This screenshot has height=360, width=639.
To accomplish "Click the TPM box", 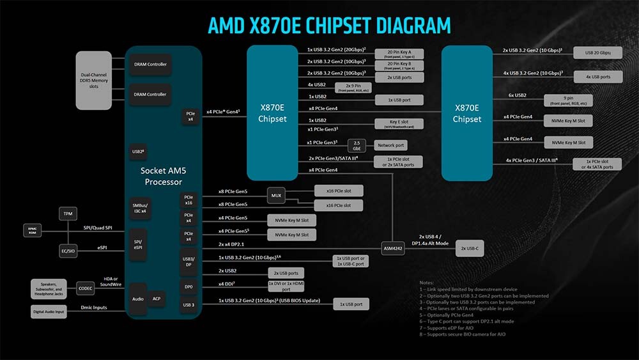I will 67,213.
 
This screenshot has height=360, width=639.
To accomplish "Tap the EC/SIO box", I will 67,251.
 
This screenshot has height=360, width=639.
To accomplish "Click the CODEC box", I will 85,288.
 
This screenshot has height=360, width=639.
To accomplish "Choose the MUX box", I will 276,195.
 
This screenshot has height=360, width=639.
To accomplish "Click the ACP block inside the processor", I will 157,299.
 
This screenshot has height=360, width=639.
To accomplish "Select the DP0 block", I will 189,287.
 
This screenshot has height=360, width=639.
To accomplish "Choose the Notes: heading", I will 426,282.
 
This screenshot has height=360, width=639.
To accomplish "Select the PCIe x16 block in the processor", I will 189,200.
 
